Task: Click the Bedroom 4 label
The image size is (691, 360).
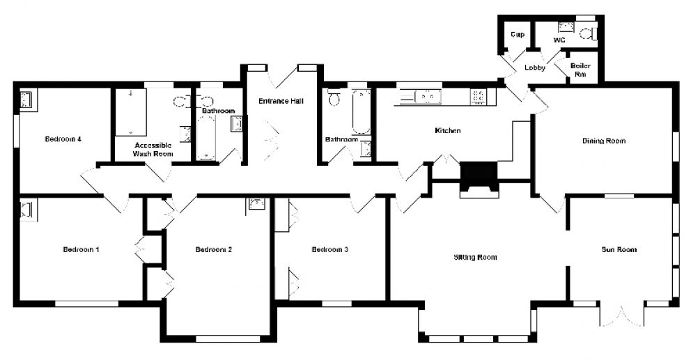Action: click(63, 139)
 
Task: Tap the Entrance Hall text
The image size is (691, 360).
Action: click(281, 101)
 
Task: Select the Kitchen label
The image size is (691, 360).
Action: click(448, 130)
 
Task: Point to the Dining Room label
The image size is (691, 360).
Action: click(604, 141)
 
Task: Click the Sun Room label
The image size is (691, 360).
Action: click(619, 249)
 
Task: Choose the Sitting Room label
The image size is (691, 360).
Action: click(476, 257)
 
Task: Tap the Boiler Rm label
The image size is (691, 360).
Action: click(581, 70)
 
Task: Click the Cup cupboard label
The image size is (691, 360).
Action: click(518, 34)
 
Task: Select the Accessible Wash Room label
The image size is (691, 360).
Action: click(153, 150)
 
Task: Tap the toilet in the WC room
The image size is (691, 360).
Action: click(588, 34)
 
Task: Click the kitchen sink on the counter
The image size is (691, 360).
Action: click(426, 95)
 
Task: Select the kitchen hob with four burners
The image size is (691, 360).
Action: click(479, 96)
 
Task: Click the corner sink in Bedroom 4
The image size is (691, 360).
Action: click(26, 100)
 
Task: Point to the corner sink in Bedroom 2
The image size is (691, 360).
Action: click(257, 203)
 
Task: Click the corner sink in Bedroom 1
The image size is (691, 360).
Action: click(26, 209)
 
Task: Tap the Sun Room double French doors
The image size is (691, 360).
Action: click(622, 316)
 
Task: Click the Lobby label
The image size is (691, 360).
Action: click(535, 68)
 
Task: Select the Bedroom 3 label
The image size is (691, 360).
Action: click(330, 249)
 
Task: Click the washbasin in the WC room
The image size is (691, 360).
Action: click(566, 27)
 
